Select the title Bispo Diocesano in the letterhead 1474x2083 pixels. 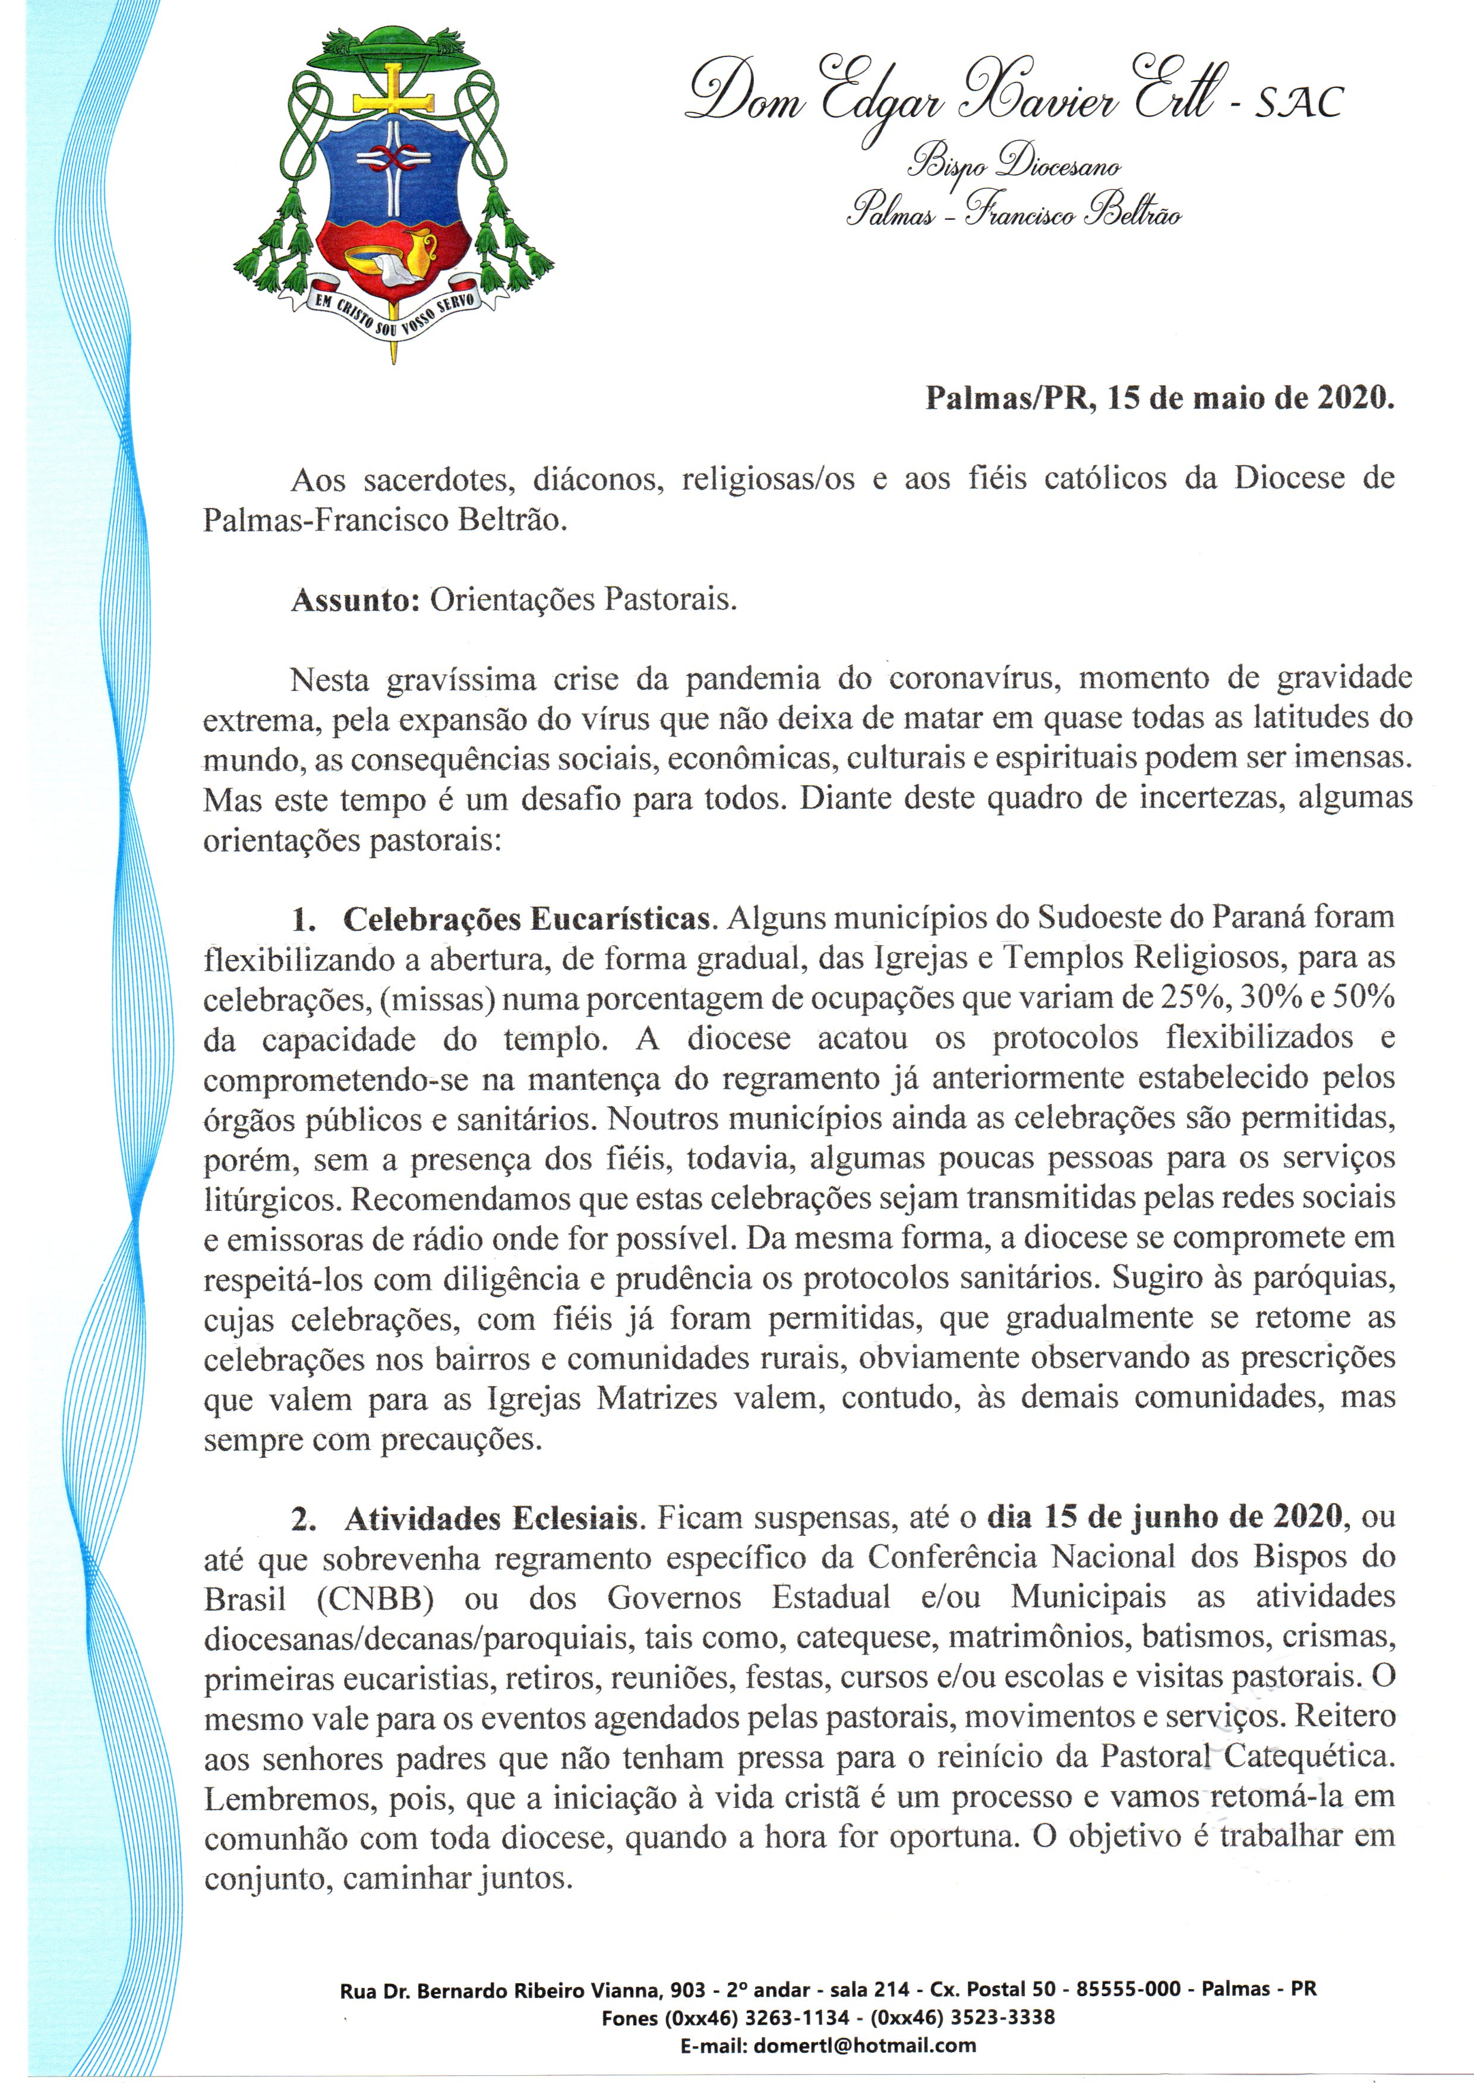pos(1014,165)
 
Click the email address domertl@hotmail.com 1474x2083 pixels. pos(864,2046)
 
